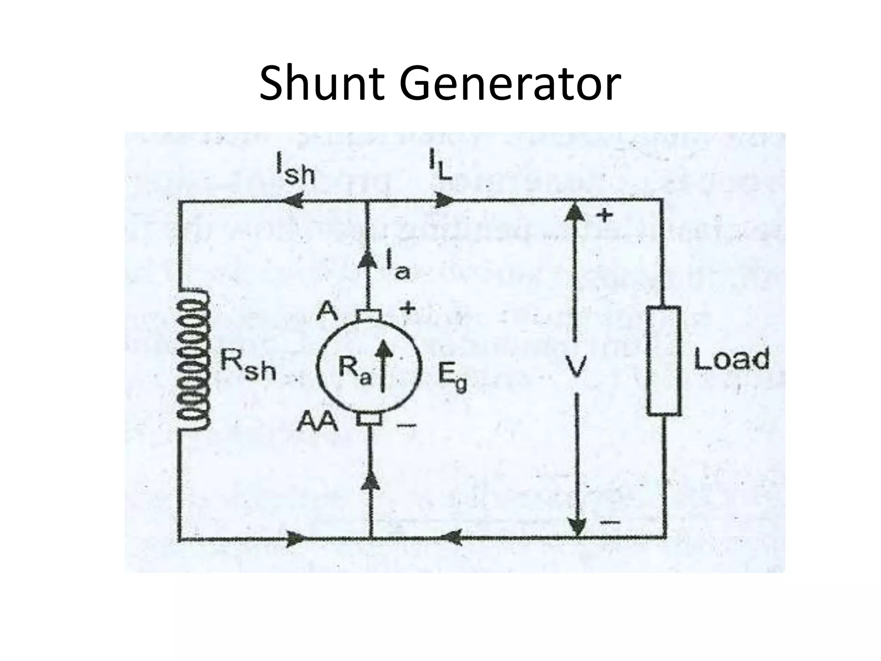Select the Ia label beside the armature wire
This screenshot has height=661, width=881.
397,267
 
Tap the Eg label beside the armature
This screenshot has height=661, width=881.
452,379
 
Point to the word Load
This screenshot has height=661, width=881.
731,359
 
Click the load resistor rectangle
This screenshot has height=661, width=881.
664,361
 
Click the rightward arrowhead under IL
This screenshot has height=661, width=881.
443,200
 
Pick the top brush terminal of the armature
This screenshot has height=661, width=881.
368,315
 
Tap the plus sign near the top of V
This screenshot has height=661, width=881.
605,215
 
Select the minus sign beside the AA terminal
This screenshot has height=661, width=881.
406,426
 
